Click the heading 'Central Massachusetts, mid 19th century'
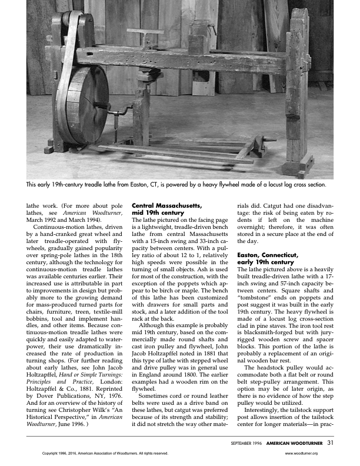tap(167, 209)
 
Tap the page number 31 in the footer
tap(331, 442)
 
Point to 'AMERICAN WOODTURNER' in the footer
tap(295, 443)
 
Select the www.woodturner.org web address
tap(301, 454)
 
